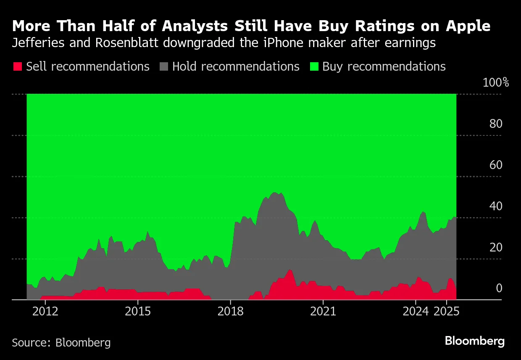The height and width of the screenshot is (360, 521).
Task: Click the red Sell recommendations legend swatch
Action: point(17,66)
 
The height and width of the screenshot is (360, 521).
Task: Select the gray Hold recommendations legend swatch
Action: point(163,66)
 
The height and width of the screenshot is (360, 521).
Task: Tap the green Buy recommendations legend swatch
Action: point(313,66)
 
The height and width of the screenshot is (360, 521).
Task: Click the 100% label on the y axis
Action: point(495,82)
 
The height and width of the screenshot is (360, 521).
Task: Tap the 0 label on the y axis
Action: point(499,289)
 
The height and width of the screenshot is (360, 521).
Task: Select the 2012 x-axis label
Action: point(45,312)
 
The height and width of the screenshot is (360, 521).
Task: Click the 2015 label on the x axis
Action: point(137,312)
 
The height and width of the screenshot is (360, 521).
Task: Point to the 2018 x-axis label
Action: point(230,312)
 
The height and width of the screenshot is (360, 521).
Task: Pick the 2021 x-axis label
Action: point(323,312)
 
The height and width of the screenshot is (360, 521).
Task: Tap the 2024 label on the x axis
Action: point(415,312)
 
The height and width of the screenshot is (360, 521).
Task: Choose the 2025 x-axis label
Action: point(446,312)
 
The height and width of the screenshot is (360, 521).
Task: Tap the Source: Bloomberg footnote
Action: point(61,342)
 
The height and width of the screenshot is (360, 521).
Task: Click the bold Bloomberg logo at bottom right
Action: point(475,341)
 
